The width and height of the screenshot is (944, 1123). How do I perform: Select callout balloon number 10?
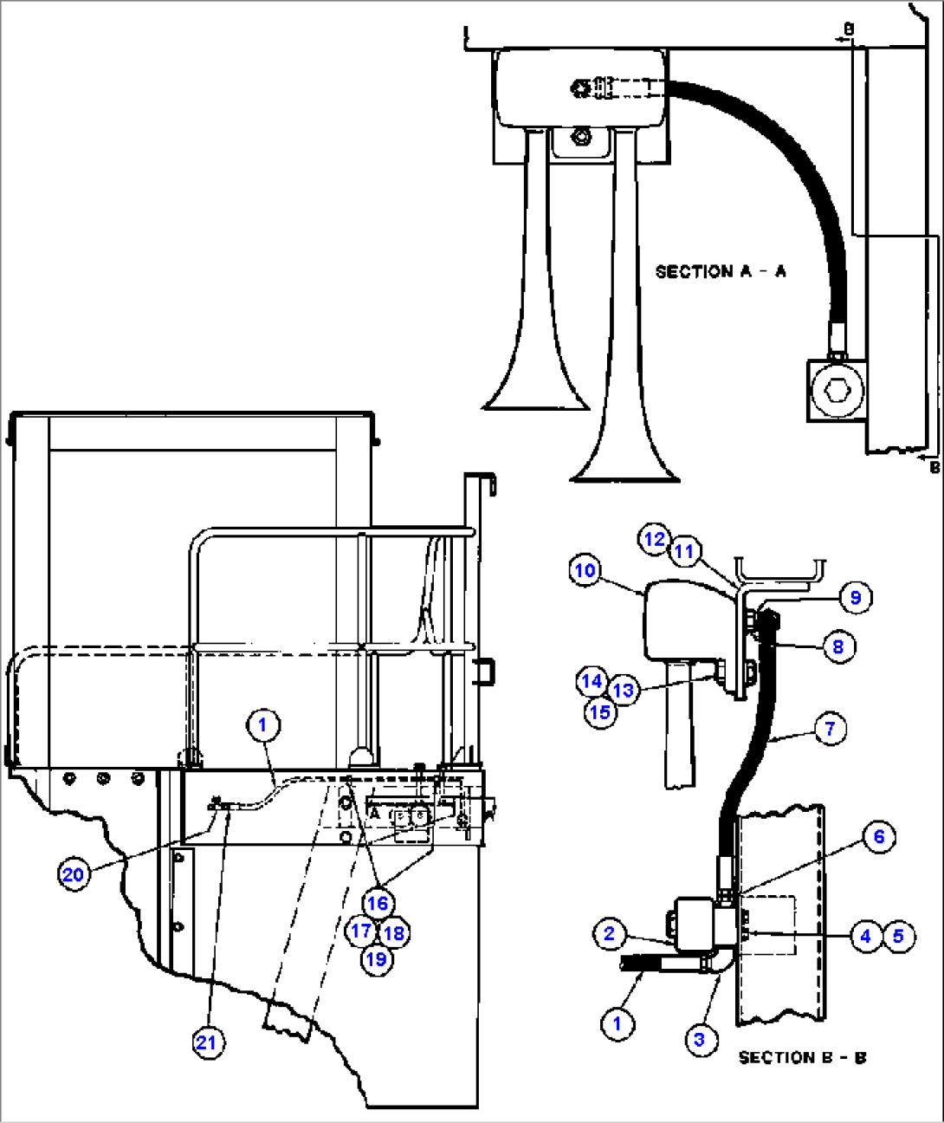pos(585,570)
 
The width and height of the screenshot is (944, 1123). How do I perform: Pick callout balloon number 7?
pos(831,729)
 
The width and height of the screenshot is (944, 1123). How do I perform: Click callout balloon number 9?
pos(856,597)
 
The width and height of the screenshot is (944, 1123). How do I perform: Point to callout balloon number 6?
pos(879,836)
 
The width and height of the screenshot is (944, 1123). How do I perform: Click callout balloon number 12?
pos(654,539)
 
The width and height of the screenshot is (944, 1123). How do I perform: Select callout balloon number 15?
pos(600,712)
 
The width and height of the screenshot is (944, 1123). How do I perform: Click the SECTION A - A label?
pos(721,271)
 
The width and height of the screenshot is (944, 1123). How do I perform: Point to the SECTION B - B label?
pos(803,1058)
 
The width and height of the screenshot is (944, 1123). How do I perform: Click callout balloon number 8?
pos(838,646)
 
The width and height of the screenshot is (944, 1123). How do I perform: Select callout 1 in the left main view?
pos(263,725)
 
